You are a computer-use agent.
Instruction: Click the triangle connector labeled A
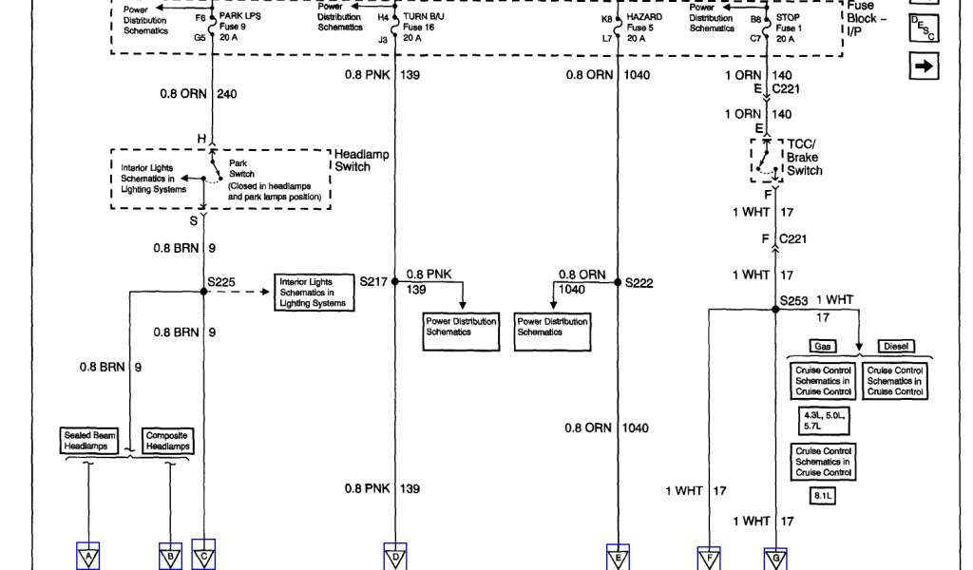click(x=88, y=556)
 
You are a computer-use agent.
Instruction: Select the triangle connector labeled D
click(x=394, y=556)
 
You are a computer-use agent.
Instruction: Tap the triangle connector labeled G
click(x=775, y=559)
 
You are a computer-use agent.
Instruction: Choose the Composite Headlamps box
click(x=167, y=440)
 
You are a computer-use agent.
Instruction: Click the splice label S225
click(x=221, y=282)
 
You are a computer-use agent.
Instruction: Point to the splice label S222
click(x=639, y=283)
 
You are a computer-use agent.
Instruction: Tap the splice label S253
click(x=793, y=300)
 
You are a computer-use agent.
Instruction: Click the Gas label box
click(x=823, y=347)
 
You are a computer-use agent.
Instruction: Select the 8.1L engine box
click(x=823, y=495)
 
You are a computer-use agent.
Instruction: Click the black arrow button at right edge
click(x=924, y=66)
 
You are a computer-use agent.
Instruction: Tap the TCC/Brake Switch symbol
click(x=766, y=160)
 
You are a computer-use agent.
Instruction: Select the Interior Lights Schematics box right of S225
click(x=312, y=293)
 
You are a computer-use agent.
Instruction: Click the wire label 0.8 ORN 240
click(x=199, y=93)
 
